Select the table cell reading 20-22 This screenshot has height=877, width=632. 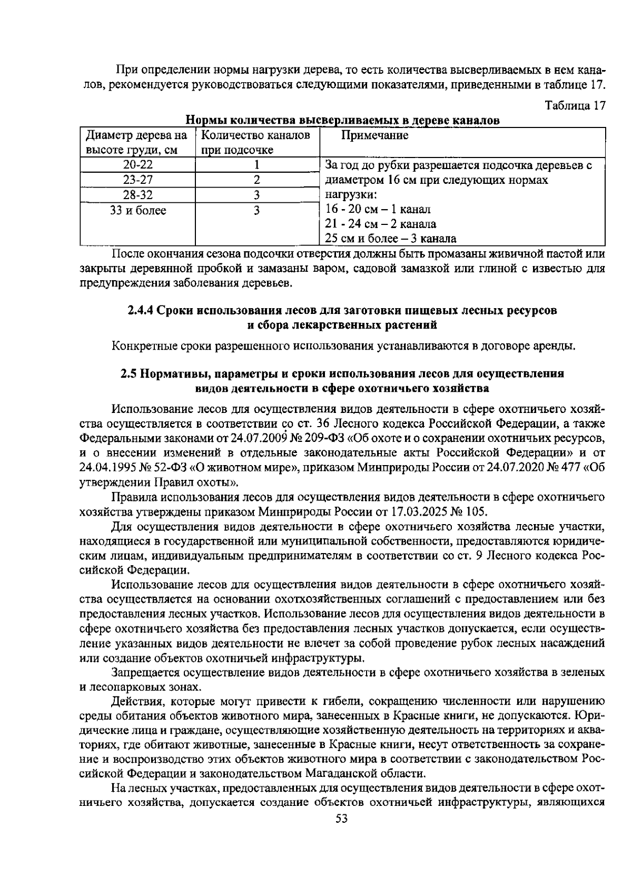point(138,165)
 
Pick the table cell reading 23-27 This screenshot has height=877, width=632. point(138,180)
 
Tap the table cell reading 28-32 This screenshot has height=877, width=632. point(138,195)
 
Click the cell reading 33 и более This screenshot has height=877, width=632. point(138,211)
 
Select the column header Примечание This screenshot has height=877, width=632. point(374,136)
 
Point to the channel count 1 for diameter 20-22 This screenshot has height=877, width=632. point(257,165)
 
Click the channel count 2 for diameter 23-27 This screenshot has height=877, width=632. point(257,180)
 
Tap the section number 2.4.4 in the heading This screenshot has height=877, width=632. point(141,310)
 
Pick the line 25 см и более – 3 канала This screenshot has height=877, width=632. point(390,239)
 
